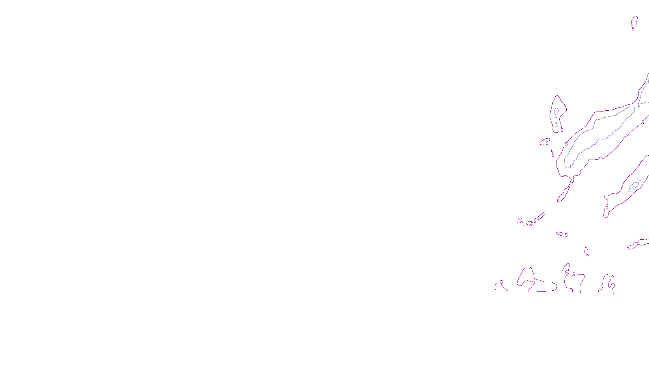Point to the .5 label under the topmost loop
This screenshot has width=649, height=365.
[633, 29]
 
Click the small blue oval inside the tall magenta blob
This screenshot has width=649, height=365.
[556, 111]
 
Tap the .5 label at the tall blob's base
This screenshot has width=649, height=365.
[561, 130]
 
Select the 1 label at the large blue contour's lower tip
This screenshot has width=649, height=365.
[570, 166]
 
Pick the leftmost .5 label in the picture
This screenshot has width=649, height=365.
[501, 282]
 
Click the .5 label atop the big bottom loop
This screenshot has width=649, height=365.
[530, 268]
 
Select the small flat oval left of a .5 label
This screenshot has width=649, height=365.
[560, 234]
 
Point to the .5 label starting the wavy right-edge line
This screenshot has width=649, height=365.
[628, 248]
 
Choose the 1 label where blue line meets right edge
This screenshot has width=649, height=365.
[638, 105]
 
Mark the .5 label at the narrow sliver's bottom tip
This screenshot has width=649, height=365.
[558, 201]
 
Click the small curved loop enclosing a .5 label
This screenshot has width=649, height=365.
[544, 142]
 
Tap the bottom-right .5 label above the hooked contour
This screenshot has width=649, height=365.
[612, 276]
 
